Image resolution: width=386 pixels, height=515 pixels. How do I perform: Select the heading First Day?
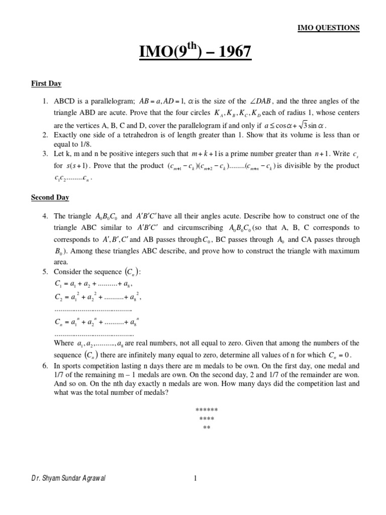coord(46,83)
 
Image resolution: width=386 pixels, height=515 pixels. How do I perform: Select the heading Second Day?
coord(50,198)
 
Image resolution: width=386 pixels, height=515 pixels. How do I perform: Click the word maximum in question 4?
coord(344,250)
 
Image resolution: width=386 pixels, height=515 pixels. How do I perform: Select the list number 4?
coord(45,216)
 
